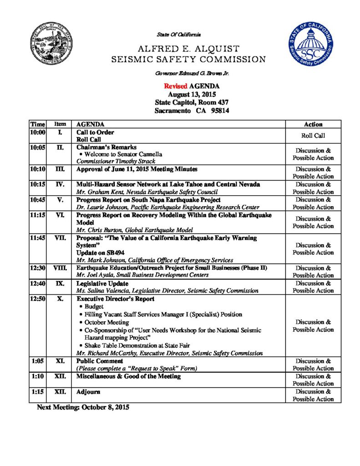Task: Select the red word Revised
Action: pos(175,86)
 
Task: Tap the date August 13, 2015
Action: pos(188,94)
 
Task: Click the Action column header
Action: pos(313,124)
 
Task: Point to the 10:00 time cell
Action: pos(38,132)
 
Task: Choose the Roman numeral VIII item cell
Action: pos(60,268)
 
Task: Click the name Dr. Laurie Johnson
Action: pos(99,207)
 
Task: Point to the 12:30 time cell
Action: pos(38,268)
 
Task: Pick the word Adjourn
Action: pos(88,392)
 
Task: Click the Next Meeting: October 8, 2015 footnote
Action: pos(83,407)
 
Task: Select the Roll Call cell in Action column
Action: pos(313,136)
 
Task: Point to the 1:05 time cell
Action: pos(38,361)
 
